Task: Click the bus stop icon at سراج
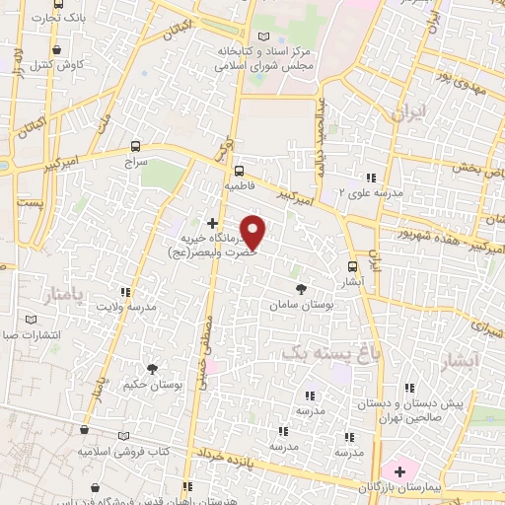tap(136, 146)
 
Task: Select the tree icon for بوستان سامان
tap(301, 288)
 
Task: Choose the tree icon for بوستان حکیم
tap(151, 367)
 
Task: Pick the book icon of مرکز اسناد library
tap(261, 36)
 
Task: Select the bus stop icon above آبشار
tap(353, 266)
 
